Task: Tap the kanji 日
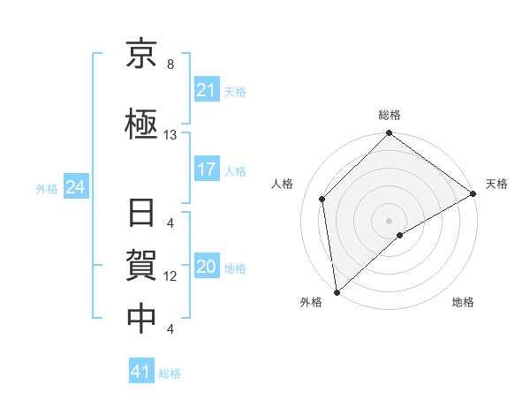pos(142,215)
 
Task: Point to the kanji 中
pos(142,318)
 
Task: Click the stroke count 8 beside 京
pos(170,64)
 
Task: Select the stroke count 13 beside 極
pos(170,135)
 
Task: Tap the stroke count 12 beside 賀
pos(170,276)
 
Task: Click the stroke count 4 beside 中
pos(170,329)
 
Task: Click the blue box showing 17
pos(206,169)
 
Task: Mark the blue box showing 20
pos(206,267)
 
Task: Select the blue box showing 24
pos(74,187)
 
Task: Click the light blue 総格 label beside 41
pos(170,373)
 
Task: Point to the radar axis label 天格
pos(496,184)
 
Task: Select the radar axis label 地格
pos(463,302)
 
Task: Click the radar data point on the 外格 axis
pos(337,291)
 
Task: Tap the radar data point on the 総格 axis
pos(389,135)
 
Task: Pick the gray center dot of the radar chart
pos(389,219)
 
